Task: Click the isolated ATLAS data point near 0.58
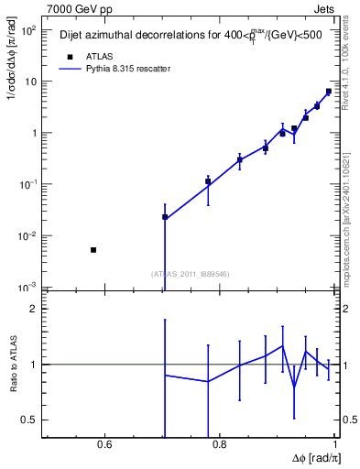[x=93, y=250]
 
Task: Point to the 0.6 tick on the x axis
[x=104, y=446]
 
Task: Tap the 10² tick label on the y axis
[x=27, y=29]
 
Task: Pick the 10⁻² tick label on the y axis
[x=27, y=236]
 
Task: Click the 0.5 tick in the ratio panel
[x=29, y=420]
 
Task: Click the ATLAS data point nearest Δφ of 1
[x=329, y=92]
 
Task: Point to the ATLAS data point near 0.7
[x=165, y=217]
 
